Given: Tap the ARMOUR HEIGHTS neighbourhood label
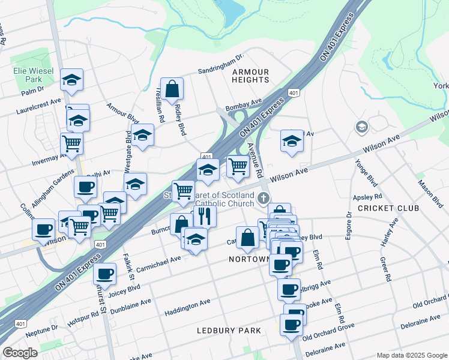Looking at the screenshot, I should click(x=250, y=76).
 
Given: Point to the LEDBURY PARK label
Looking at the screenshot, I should click(x=229, y=331).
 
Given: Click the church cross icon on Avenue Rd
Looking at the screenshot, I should click(x=263, y=198).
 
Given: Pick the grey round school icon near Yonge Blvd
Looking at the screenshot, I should click(x=362, y=127).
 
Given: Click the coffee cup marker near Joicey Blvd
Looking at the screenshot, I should click(x=105, y=274).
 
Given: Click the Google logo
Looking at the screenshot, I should click(x=20, y=353).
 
